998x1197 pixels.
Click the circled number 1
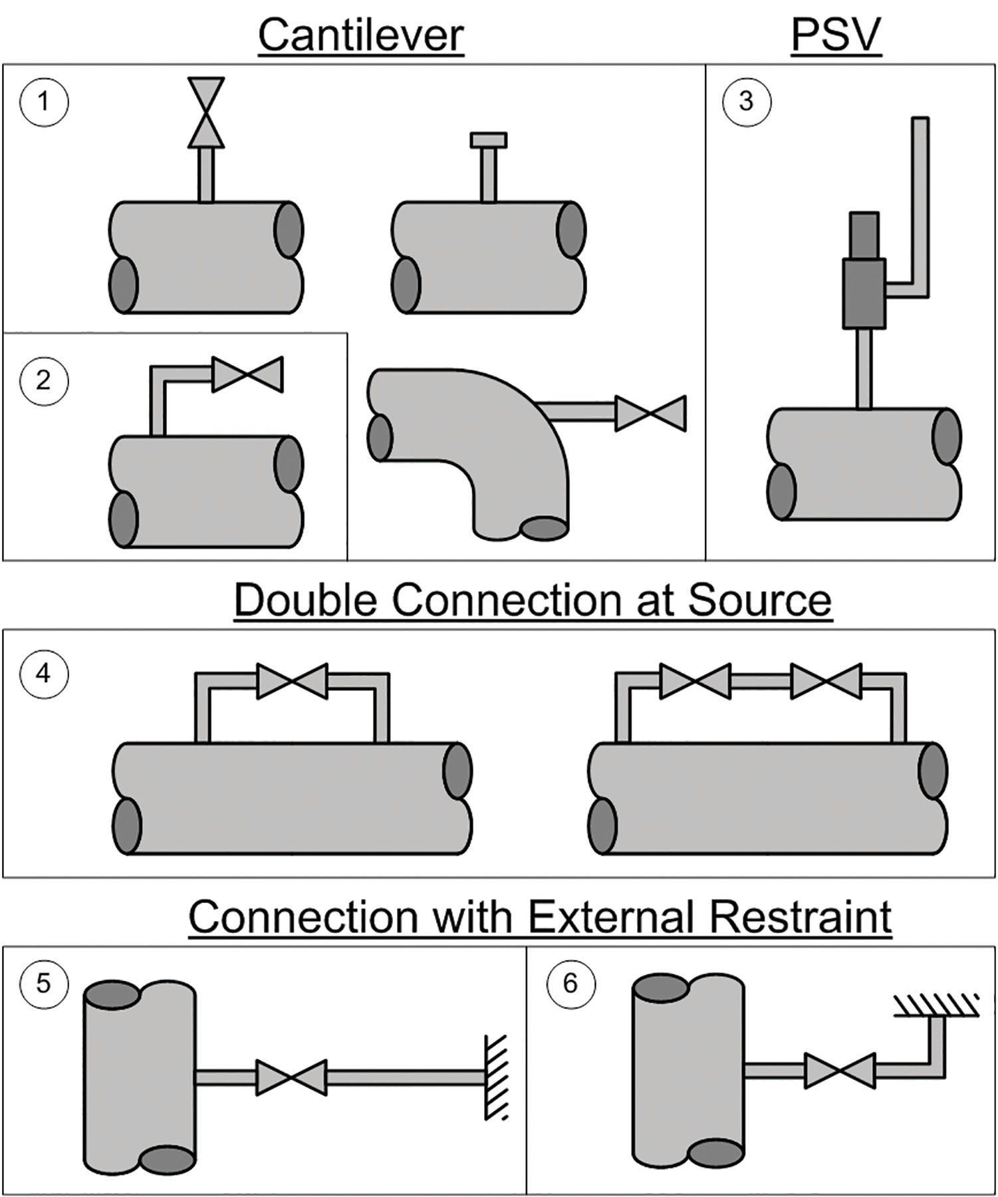[x=44, y=102]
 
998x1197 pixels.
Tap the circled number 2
[x=44, y=380]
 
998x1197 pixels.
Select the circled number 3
[x=747, y=101]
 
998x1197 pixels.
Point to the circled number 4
[x=44, y=673]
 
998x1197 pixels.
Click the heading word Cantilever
[x=361, y=35]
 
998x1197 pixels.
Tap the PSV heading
[x=836, y=35]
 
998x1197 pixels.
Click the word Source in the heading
[x=759, y=599]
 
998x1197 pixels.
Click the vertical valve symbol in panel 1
[x=206, y=112]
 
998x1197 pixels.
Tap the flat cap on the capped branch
[x=489, y=140]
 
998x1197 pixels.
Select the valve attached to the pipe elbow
[x=650, y=413]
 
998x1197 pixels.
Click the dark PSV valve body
[x=864, y=293]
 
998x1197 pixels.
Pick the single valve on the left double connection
[x=292, y=680]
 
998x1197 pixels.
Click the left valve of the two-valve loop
[x=695, y=680]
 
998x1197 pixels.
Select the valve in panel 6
[x=840, y=1070]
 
